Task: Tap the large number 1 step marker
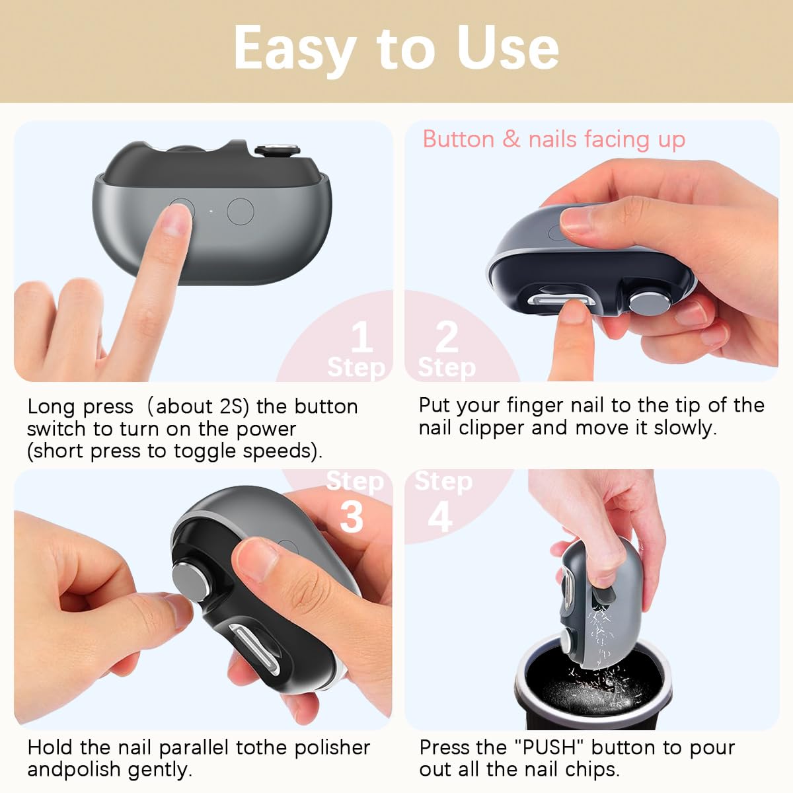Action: pos(361,338)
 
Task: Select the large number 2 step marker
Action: pos(447,336)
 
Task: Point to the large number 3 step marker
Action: pos(352,517)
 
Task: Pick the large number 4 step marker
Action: pos(440,517)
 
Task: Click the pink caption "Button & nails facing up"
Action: pos(554,139)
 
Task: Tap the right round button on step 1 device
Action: pos(240,211)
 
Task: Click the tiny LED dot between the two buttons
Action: pos(210,212)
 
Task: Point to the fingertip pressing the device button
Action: pos(176,217)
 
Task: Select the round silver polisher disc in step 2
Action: pos(644,303)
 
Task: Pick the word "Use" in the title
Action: pos(508,49)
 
